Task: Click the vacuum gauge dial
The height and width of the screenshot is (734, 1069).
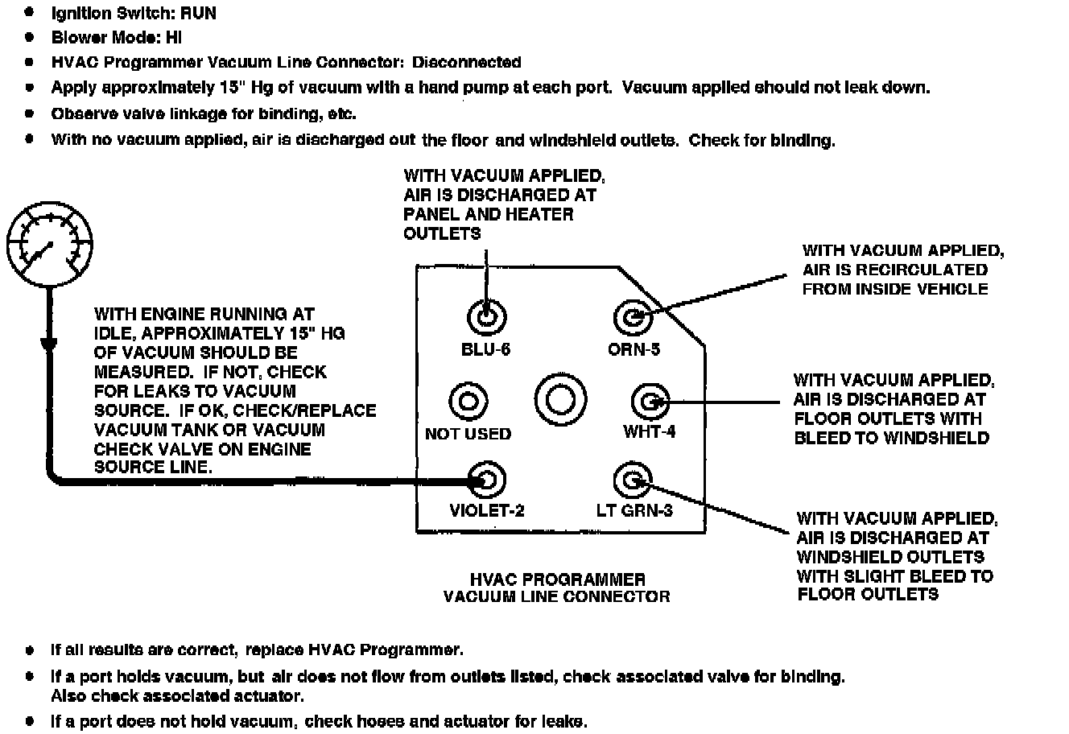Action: [x=49, y=245]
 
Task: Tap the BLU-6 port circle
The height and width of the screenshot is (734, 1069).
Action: [x=486, y=317]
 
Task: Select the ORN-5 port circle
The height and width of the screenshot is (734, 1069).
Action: [x=633, y=316]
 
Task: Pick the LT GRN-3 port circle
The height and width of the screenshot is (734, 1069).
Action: [x=632, y=480]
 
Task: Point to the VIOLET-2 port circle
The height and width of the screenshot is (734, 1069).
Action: [x=486, y=480]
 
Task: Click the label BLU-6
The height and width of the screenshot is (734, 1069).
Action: [x=485, y=349]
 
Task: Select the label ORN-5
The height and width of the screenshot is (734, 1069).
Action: [x=634, y=349]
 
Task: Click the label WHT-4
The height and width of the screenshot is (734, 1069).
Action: [x=649, y=431]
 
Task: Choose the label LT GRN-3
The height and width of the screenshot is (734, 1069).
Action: [x=634, y=510]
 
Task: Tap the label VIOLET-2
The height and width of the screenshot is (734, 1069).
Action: [x=486, y=510]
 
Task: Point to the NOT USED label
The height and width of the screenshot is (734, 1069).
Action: [x=468, y=434]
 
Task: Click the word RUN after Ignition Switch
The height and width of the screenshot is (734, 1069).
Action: [x=197, y=14]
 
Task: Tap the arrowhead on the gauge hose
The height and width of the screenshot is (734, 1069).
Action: [x=48, y=345]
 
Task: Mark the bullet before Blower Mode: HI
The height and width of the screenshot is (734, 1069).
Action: [x=30, y=37]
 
